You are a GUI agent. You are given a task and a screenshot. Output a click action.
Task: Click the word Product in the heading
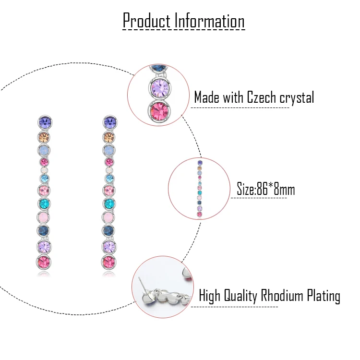click(147, 21)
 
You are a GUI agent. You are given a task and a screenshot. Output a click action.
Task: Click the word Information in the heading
click(209, 21)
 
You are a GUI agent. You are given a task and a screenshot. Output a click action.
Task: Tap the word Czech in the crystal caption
click(262, 97)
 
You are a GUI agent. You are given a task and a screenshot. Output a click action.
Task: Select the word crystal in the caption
click(297, 98)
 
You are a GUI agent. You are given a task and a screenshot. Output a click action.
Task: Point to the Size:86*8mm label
click(266, 190)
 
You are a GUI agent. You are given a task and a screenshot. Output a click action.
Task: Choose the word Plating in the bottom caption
click(324, 296)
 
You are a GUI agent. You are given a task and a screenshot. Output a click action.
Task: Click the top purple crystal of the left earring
click(45, 122)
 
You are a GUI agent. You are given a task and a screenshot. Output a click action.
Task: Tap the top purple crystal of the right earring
click(110, 122)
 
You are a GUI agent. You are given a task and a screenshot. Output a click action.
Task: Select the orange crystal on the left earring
click(44, 137)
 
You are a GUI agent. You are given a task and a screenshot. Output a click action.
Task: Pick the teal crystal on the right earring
click(109, 203)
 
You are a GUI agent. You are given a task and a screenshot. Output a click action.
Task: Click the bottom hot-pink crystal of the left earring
click(44, 262)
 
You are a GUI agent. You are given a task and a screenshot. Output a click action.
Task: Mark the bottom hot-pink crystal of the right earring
click(108, 262)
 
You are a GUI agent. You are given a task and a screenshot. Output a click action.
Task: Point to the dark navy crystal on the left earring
click(44, 230)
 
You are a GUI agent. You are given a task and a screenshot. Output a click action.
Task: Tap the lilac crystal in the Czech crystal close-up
click(160, 88)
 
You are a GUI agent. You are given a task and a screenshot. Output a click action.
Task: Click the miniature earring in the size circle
click(200, 189)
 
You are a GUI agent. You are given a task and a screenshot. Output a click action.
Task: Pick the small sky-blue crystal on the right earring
click(109, 179)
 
